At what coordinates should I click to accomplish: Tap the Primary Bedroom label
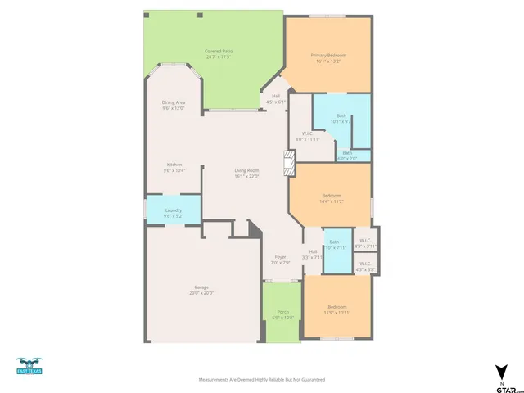click(327, 58)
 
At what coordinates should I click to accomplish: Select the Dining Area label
click(174, 105)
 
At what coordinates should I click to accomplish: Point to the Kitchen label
click(174, 167)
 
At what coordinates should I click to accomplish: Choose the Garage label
click(201, 289)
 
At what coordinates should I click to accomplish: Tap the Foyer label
click(281, 260)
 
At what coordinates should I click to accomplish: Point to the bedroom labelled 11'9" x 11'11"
click(337, 309)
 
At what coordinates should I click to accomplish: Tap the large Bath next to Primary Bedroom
click(341, 120)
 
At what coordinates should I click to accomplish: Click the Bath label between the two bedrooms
click(334, 244)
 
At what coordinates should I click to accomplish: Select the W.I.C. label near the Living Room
click(306, 136)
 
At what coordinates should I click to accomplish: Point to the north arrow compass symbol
click(500, 372)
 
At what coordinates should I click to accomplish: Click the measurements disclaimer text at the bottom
click(262, 379)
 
